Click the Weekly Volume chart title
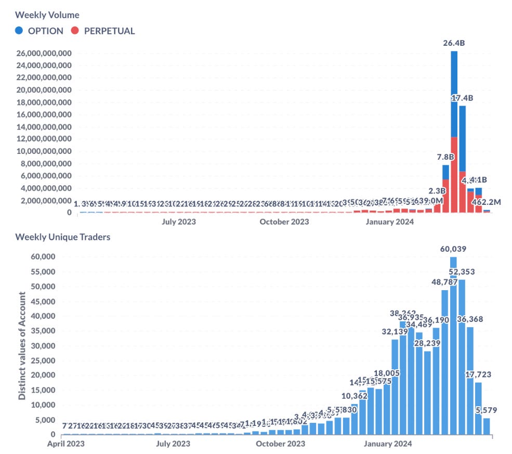[47, 15]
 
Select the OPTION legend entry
[40, 31]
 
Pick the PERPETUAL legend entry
[102, 31]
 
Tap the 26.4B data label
[454, 43]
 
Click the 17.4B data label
[462, 98]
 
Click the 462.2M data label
[487, 202]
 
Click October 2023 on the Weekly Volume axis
[284, 222]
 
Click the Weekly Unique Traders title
[62, 237]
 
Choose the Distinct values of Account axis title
[22, 345]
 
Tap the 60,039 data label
[453, 249]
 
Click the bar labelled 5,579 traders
[487, 426]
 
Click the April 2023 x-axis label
[65, 444]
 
